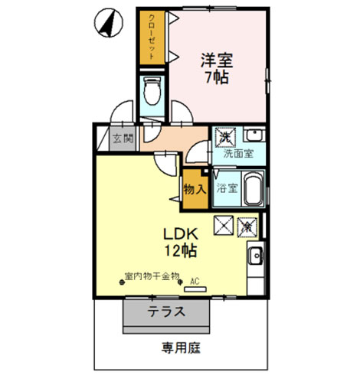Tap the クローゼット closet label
tap(152, 37)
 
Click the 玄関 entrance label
tap(123, 139)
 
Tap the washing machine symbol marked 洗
tap(226, 136)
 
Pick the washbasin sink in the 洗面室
tap(254, 136)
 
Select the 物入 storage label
tap(193, 188)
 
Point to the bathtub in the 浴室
tap(253, 188)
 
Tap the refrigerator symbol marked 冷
tap(247, 226)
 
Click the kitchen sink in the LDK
tap(255, 256)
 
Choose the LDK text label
tap(182, 235)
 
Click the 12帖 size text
tap(182, 250)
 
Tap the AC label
tap(195, 280)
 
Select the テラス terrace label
tap(166, 312)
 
